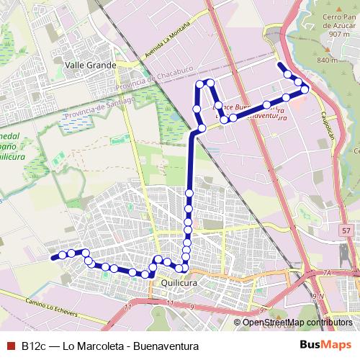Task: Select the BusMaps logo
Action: [325, 346]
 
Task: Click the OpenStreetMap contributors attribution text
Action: [297, 322]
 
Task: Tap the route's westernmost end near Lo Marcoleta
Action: [53, 257]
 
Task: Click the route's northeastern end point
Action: [279, 64]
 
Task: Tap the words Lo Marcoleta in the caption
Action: [92, 346]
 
